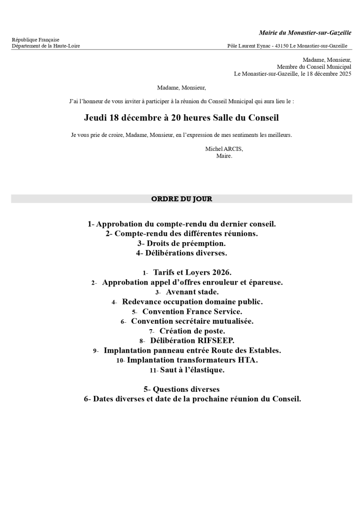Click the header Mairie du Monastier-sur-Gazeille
305,33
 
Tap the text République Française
36,40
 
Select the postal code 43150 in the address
281,46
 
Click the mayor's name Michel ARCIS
224,149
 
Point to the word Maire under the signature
224,156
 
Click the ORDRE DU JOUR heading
181,199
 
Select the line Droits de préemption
181,243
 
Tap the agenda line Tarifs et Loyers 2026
192,272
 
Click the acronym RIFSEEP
217,340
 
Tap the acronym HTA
248,360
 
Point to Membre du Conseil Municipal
314,67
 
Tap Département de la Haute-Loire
45,46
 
